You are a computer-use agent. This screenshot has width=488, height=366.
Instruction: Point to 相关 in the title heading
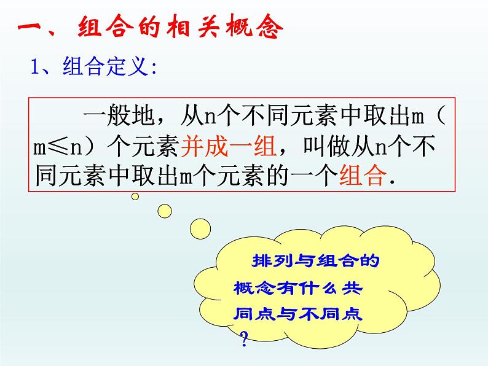[x=182, y=28]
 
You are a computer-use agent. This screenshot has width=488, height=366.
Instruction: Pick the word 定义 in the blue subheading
[x=125, y=67]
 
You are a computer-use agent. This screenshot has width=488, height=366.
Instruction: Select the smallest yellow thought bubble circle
[x=135, y=197]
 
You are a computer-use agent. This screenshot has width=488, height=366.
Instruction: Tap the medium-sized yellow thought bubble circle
[x=164, y=211]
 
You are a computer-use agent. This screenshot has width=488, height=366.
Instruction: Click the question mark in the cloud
[x=244, y=337]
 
